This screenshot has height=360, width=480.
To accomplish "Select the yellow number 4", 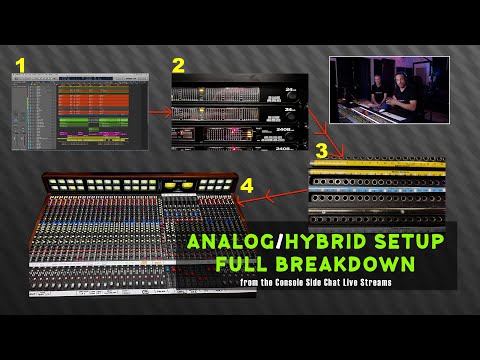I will pos(247,186).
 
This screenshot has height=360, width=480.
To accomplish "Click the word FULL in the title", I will pos(248,266).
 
